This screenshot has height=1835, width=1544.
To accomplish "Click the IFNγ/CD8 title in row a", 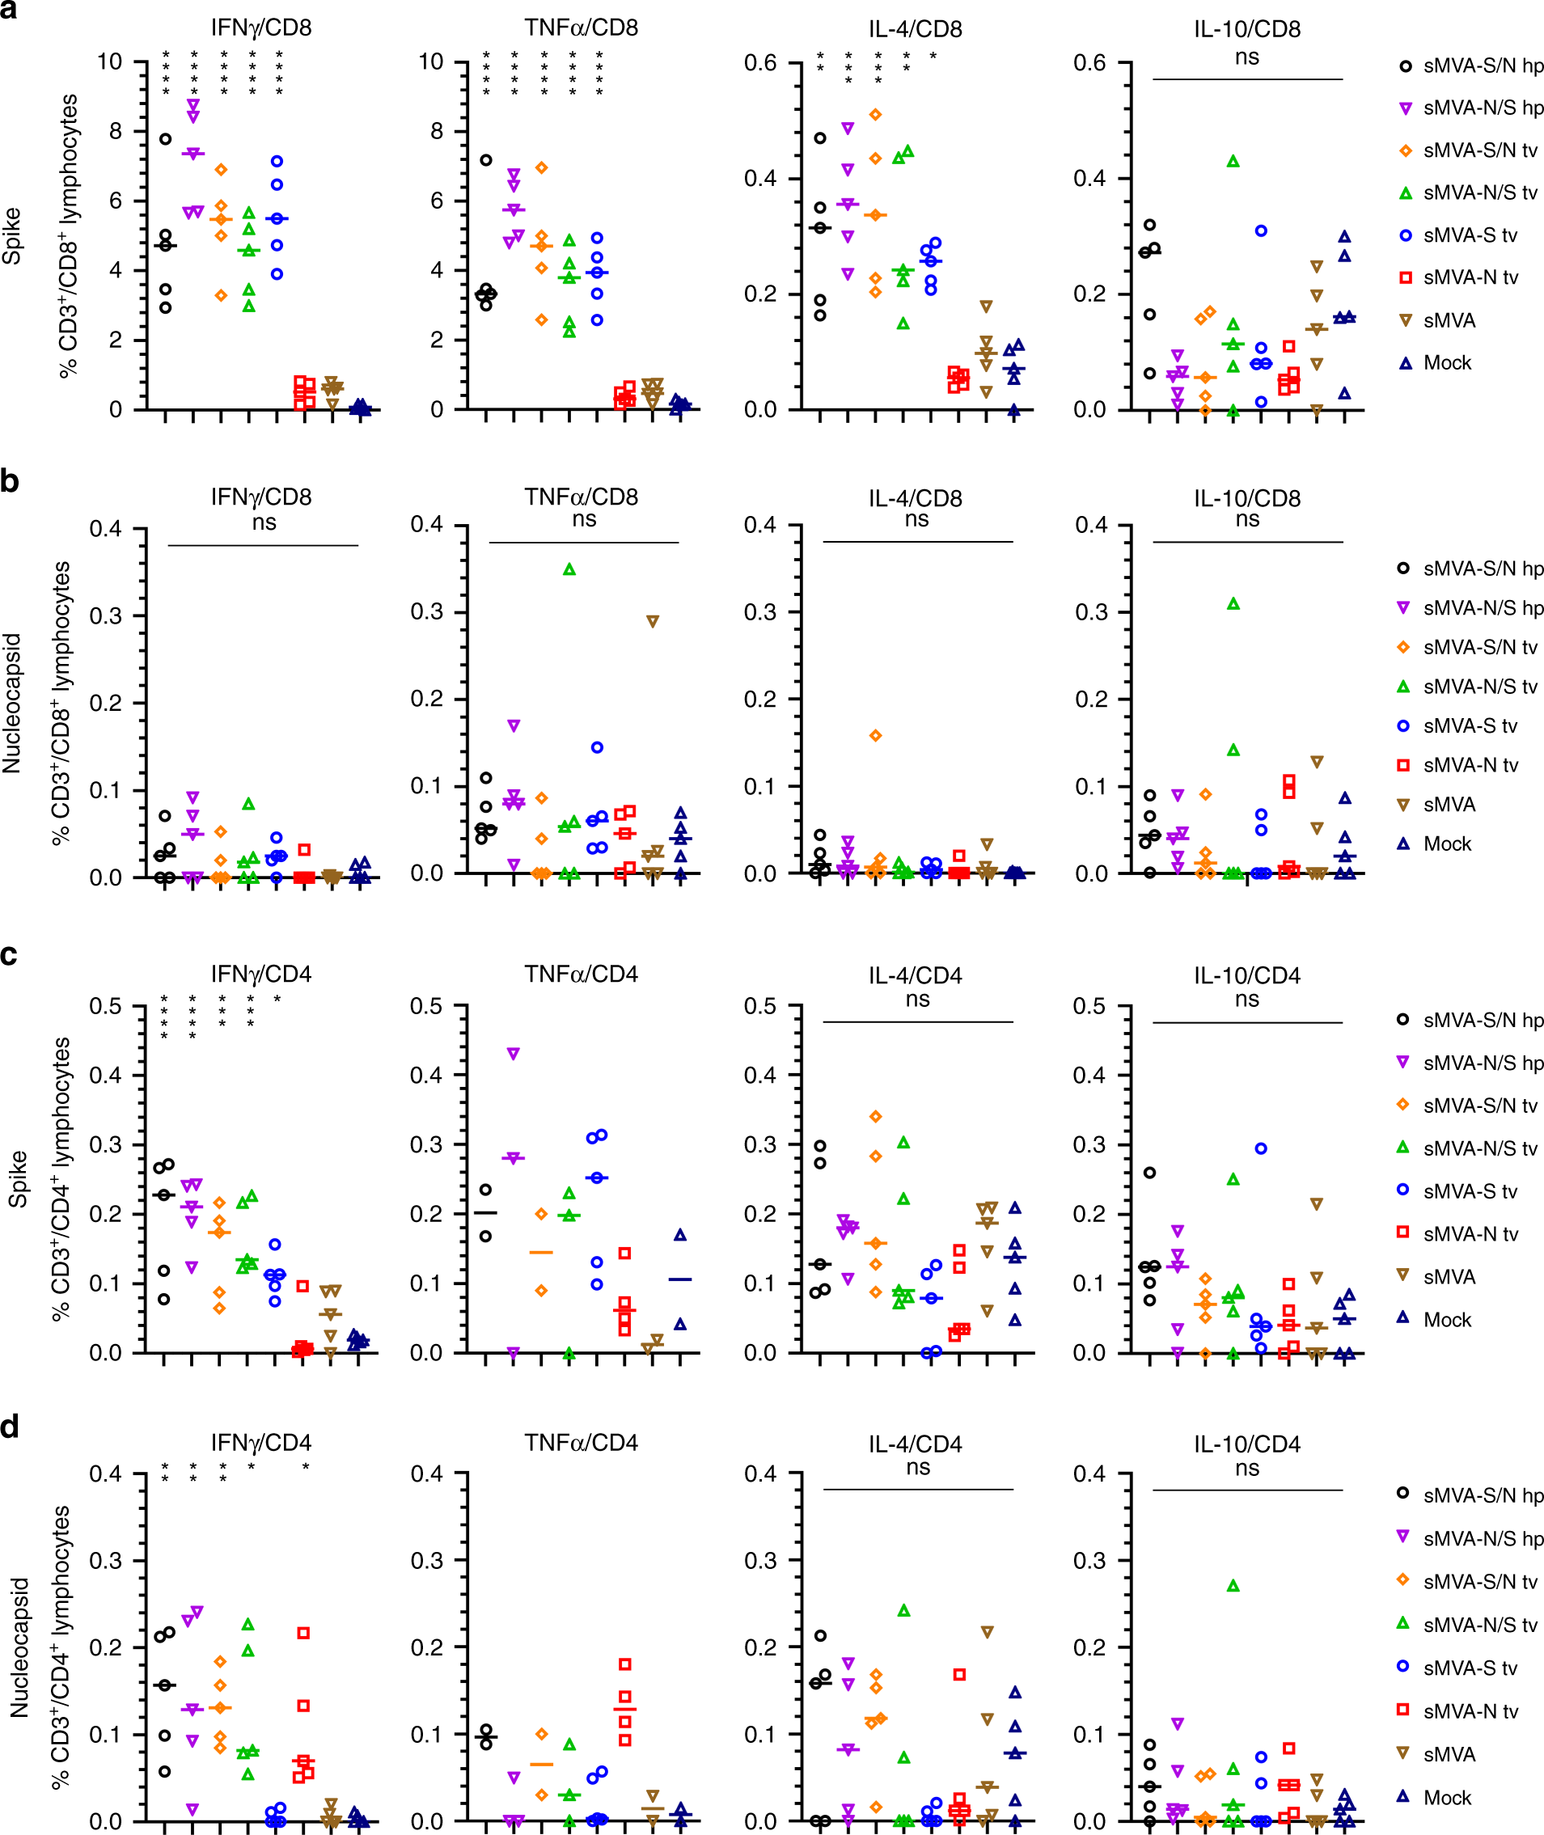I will [x=260, y=28].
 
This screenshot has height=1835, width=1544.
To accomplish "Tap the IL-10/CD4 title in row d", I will [x=1246, y=1444].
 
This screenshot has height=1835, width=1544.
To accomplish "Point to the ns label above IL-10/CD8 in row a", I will [x=1246, y=57].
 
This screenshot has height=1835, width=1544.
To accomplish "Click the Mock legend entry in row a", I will [x=1446, y=362].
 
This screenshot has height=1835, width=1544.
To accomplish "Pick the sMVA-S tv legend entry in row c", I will [x=1470, y=1191].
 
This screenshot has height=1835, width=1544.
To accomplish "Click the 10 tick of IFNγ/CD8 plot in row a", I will [x=109, y=62].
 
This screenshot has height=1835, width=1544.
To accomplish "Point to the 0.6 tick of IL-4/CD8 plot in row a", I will [x=759, y=63].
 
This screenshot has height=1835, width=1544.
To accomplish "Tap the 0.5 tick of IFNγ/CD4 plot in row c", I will [x=105, y=1006].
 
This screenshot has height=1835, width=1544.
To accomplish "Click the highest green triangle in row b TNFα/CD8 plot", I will [x=569, y=569].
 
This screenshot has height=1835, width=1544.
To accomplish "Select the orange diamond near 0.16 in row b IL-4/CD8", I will [x=875, y=736].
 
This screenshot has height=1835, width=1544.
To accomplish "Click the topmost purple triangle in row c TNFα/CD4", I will [x=514, y=1054].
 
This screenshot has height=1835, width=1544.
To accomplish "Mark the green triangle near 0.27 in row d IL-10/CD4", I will [x=1233, y=1586].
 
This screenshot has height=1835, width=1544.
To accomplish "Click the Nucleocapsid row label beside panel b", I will [x=11, y=704].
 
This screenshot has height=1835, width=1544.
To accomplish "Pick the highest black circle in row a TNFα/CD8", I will [x=486, y=160].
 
